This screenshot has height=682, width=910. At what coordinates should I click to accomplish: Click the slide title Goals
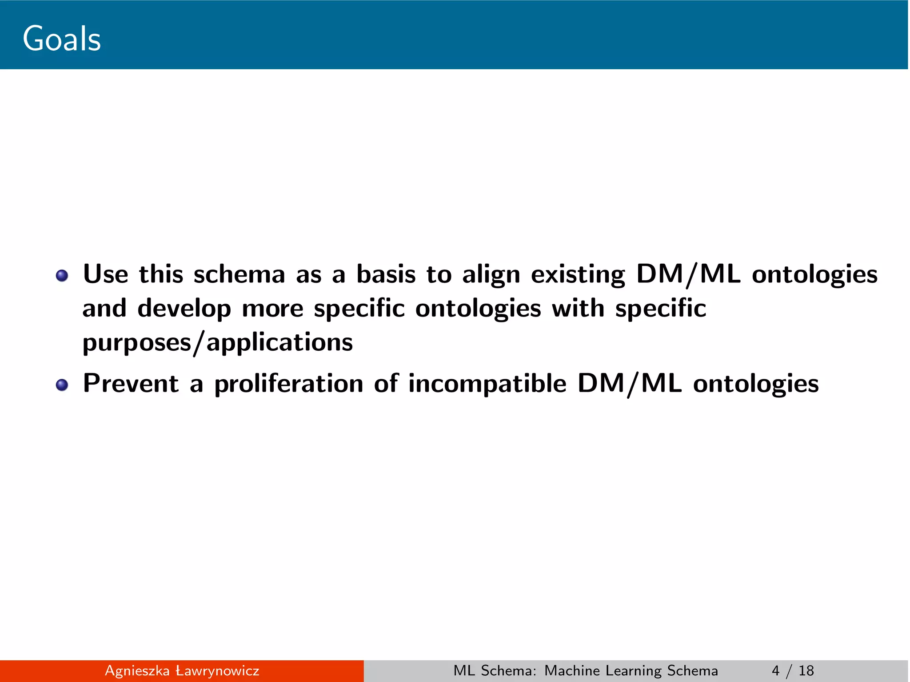click(62, 39)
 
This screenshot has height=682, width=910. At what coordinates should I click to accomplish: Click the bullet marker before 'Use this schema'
click(62, 276)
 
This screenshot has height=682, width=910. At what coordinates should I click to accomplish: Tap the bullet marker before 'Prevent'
click(62, 385)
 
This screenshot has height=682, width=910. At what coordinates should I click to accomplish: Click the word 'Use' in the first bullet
click(106, 274)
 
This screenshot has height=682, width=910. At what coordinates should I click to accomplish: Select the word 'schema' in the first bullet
click(239, 274)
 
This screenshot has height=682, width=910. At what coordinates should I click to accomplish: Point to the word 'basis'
click(386, 274)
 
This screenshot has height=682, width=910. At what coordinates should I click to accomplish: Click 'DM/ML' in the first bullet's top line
click(688, 274)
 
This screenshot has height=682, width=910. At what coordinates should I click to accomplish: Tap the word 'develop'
click(184, 309)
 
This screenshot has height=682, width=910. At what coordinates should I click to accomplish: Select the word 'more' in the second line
click(273, 309)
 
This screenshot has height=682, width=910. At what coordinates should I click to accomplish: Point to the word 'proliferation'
click(289, 384)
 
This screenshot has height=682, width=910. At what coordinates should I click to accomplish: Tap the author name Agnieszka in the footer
click(137, 671)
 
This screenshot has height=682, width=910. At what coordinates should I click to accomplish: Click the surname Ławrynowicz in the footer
click(217, 671)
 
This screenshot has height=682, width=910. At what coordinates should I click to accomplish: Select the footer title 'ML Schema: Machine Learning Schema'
click(586, 671)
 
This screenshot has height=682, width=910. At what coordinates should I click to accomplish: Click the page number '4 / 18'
click(793, 671)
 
